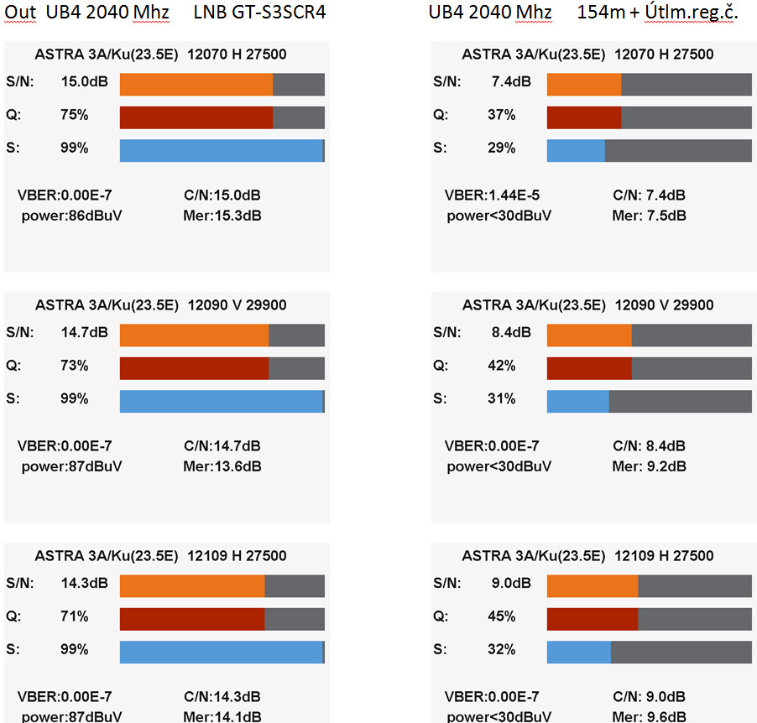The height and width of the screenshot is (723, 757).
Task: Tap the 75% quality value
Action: click(74, 116)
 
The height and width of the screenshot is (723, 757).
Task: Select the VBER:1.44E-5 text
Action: click(492, 195)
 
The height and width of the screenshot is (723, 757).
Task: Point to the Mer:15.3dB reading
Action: click(222, 216)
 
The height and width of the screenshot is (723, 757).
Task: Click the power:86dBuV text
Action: click(71, 216)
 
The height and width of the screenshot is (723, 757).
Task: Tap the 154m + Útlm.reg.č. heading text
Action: click(657, 14)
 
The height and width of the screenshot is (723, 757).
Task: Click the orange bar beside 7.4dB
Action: click(584, 84)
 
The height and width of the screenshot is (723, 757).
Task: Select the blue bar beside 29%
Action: click(576, 149)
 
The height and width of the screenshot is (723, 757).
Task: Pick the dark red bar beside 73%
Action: click(194, 368)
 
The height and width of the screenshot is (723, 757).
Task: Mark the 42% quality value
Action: click(502, 367)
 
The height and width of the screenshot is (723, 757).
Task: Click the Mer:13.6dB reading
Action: click(222, 466)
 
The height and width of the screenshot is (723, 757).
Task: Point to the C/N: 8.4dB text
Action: click(649, 446)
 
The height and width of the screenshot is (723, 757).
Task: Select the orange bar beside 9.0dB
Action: click(593, 585)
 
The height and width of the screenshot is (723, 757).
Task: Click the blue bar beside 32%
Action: click(579, 652)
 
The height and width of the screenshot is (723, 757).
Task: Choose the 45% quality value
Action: click(502, 616)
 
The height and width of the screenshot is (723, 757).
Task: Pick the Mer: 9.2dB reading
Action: click(649, 466)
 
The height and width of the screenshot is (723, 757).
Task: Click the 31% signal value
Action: click(502, 399)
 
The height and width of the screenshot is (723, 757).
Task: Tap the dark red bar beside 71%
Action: click(192, 619)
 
